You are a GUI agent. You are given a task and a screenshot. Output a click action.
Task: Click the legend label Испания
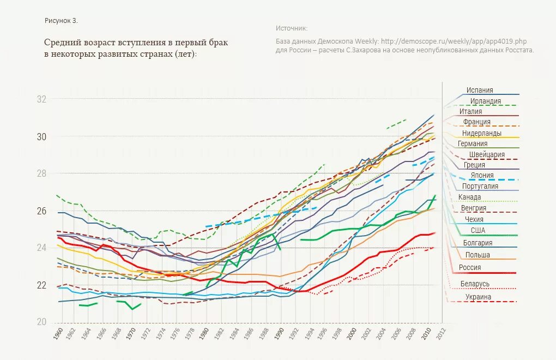pyautogui.click(x=480, y=91)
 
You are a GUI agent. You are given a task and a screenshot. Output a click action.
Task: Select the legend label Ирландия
pyautogui.click(x=485, y=101)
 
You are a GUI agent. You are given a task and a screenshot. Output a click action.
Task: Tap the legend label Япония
pyautogui.click(x=482, y=176)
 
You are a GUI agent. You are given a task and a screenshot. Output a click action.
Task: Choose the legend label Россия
pyautogui.click(x=470, y=268)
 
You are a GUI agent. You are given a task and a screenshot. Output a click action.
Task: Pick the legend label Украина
pyautogui.click(x=479, y=297)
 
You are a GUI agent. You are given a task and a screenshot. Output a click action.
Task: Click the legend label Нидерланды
pyautogui.click(x=482, y=133)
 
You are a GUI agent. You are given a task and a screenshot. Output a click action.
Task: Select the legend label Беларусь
pyautogui.click(x=475, y=284)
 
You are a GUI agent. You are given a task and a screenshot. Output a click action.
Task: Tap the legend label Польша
pyautogui.click(x=478, y=255)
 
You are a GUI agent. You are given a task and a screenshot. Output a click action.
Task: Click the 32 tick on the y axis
pyautogui.click(x=42, y=100)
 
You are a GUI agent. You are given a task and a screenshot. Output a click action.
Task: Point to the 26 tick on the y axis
pyautogui.click(x=42, y=211)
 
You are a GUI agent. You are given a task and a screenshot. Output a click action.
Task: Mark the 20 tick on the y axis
pyautogui.click(x=42, y=322)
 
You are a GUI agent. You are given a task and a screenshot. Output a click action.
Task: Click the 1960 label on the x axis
pyautogui.click(x=59, y=334)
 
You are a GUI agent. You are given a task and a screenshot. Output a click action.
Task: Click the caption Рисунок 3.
pyautogui.click(x=61, y=21)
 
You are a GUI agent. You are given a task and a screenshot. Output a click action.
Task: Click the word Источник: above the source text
pyautogui.click(x=292, y=28)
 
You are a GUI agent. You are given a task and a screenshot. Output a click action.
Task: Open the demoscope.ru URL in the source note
pyautogui.click(x=454, y=41)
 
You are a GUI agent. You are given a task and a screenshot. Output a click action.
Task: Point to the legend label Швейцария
pyautogui.click(x=487, y=154)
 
